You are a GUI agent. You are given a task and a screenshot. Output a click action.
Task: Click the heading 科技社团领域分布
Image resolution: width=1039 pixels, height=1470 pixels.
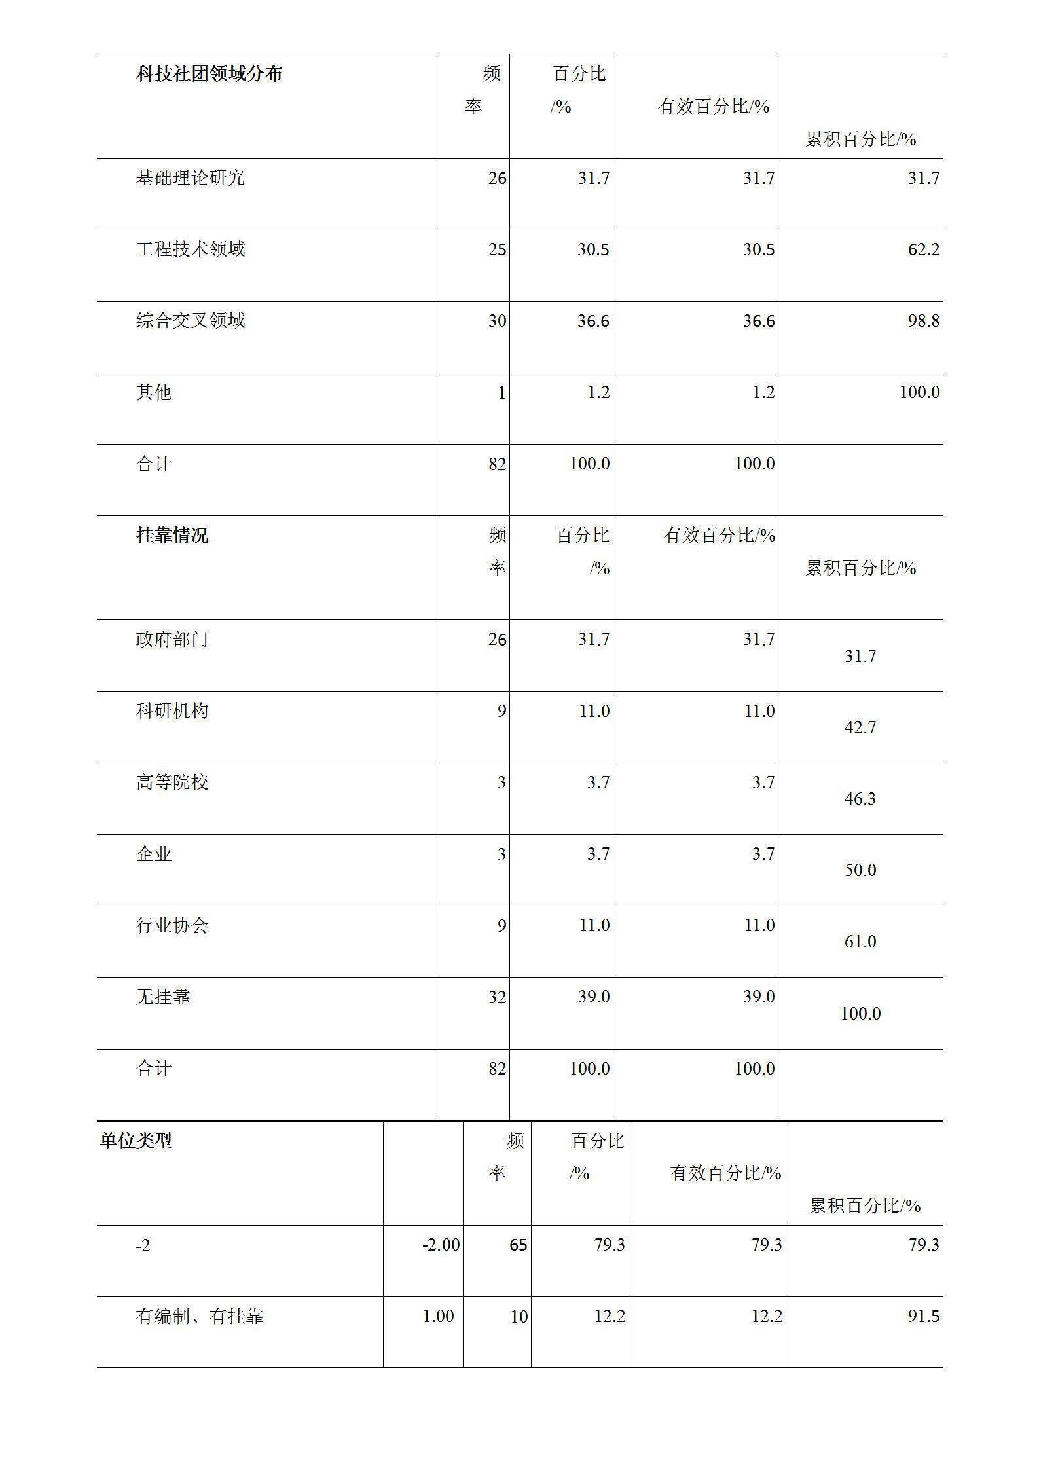click(x=209, y=74)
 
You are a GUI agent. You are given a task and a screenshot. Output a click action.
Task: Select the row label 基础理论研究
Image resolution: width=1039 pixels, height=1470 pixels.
click(x=190, y=177)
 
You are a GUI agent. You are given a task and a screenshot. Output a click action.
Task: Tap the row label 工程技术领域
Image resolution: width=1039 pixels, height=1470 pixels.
click(x=190, y=249)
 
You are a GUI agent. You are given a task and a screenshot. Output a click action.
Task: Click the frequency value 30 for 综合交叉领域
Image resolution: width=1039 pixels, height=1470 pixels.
click(x=497, y=321)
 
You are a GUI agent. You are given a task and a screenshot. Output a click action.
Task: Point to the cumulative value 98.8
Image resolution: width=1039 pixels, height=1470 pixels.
click(x=923, y=321)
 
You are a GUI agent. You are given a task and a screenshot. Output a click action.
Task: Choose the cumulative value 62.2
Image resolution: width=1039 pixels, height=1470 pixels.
click(x=923, y=249)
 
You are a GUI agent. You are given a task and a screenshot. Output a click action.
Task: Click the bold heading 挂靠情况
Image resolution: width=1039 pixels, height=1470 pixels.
click(x=172, y=536)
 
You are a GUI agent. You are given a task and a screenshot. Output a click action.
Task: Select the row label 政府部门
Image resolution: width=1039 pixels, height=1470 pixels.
click(x=172, y=639)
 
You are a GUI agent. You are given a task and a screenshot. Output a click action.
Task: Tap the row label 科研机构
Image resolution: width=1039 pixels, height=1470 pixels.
click(x=172, y=710)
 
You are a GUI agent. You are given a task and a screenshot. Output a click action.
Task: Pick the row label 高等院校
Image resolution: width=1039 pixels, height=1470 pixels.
click(x=172, y=782)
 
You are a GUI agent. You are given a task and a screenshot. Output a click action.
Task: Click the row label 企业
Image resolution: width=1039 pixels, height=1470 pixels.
click(x=154, y=854)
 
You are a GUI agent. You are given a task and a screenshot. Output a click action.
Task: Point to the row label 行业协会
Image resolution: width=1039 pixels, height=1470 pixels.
click(x=172, y=925)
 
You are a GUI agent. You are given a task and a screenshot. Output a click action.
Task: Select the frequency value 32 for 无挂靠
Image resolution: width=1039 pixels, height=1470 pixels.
click(x=497, y=997)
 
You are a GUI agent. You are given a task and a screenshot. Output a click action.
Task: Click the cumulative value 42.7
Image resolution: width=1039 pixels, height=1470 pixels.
click(x=860, y=727)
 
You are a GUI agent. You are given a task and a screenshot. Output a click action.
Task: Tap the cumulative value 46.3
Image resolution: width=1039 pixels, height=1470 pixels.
click(x=860, y=799)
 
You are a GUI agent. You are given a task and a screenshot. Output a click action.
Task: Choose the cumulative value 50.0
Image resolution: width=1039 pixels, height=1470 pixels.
click(x=860, y=870)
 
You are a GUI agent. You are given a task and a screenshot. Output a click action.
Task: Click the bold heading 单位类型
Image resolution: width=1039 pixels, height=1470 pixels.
click(x=136, y=1141)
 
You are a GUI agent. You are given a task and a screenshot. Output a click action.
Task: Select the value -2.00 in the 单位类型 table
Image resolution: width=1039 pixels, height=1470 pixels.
click(x=441, y=1245)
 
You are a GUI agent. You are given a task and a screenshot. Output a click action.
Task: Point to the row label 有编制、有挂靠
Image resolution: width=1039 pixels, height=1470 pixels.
click(x=200, y=1316)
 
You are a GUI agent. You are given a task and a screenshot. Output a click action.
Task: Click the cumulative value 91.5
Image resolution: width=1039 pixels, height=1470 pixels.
click(x=923, y=1316)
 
